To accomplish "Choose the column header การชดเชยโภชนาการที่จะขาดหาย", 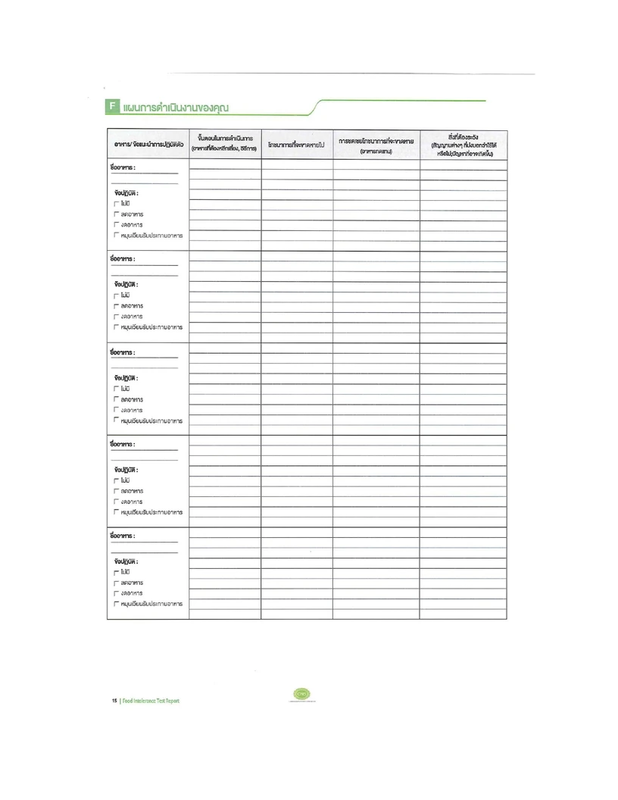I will (x=376, y=144).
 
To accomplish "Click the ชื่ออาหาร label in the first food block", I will (x=123, y=167).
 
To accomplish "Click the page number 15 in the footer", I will (x=114, y=700).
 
